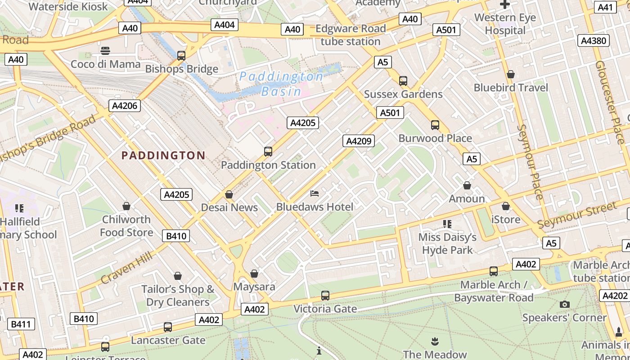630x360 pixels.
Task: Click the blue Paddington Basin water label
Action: (281, 84)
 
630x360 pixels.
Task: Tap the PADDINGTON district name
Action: (163, 156)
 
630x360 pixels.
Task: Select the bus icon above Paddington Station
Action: (268, 152)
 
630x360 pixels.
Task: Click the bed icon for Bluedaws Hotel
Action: (315, 193)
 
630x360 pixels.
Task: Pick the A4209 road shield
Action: (358, 141)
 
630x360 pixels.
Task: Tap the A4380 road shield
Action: (594, 40)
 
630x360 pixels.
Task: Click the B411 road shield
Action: (21, 324)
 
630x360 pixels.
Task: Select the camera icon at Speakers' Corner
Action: (564, 305)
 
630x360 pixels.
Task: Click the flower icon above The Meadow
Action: (435, 341)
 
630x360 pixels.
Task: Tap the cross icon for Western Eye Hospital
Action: (505, 5)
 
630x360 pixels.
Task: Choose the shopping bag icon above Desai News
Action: (229, 194)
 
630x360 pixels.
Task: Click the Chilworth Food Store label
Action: (126, 226)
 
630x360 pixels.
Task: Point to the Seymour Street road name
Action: (577, 215)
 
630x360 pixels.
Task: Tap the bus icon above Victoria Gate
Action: (325, 296)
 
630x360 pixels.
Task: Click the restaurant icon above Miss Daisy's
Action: (447, 224)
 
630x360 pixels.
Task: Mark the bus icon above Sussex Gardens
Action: (403, 81)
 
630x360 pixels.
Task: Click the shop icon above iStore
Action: (506, 206)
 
